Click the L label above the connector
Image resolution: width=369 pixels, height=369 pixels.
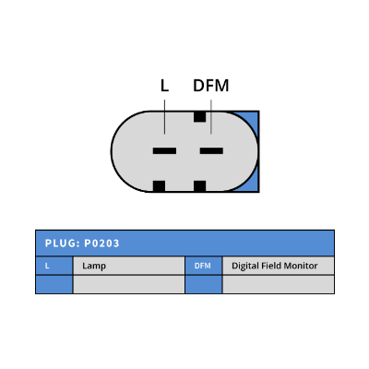pyautogui.click(x=164, y=86)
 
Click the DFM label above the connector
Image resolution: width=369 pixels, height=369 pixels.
pyautogui.click(x=211, y=86)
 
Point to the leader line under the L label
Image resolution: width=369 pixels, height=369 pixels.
pyautogui.click(x=164, y=117)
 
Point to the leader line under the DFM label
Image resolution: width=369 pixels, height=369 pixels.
pyautogui.click(x=211, y=117)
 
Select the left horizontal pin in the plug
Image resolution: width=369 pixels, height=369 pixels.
pyautogui.click(x=164, y=150)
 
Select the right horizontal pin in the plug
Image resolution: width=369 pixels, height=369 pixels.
pyautogui.click(x=211, y=150)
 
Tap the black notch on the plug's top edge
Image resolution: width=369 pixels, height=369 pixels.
pyautogui.click(x=199, y=116)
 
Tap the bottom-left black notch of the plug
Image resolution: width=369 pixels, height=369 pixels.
pyautogui.click(x=159, y=186)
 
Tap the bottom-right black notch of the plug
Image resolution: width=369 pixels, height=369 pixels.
pyautogui.click(x=199, y=186)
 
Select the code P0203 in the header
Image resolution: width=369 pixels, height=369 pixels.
pyautogui.click(x=101, y=244)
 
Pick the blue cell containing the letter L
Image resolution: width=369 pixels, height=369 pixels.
pyautogui.click(x=54, y=266)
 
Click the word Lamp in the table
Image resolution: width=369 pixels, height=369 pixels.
pyautogui.click(x=94, y=266)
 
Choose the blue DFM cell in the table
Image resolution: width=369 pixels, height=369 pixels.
pyautogui.click(x=203, y=266)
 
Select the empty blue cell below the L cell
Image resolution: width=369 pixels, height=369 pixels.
pyautogui.click(x=54, y=284)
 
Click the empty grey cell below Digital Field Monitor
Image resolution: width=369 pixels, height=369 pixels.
pyautogui.click(x=279, y=284)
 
